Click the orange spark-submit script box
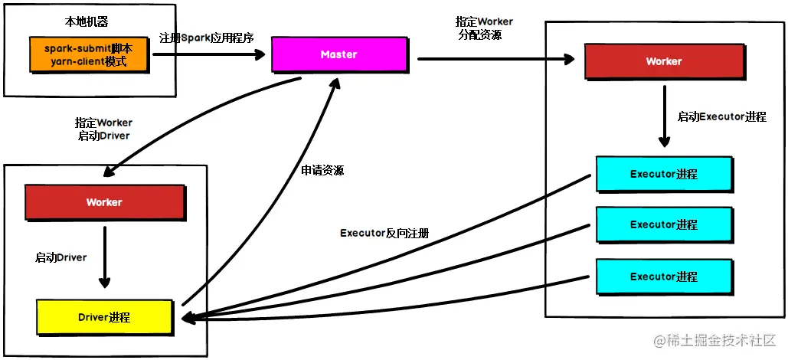click(90, 54)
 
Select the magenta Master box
click(338, 54)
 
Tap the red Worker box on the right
click(663, 61)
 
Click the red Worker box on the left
click(104, 202)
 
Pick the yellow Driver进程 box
click(104, 317)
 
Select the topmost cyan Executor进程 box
click(663, 174)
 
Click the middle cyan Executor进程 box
click(663, 224)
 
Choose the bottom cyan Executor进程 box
click(663, 277)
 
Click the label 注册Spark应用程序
click(205, 38)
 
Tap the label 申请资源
click(322, 170)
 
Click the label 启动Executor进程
click(721, 117)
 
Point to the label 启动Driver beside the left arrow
click(60, 257)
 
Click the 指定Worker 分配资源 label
click(484, 28)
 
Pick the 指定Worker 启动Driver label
click(103, 129)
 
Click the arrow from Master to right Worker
click(497, 57)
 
